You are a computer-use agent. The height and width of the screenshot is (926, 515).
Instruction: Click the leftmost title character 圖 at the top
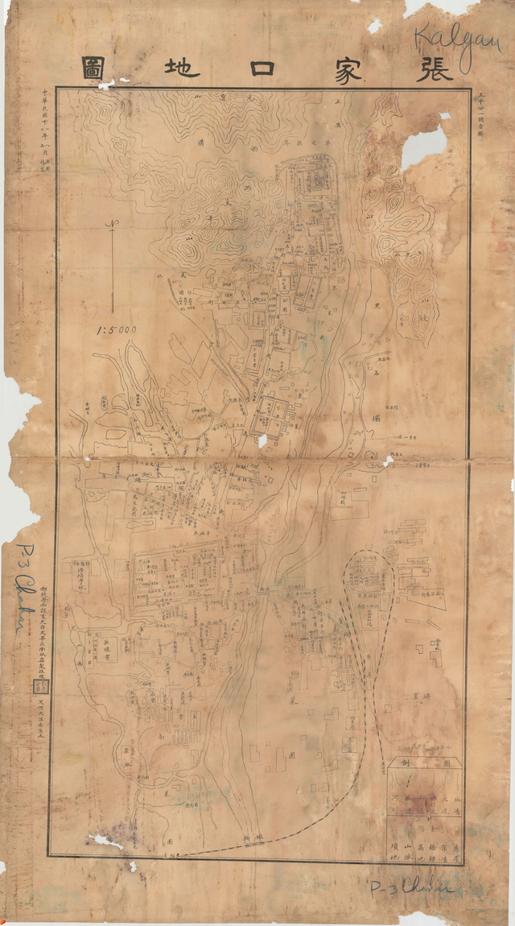click(x=95, y=69)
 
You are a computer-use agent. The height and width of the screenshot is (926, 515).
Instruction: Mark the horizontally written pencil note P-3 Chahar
click(x=411, y=888)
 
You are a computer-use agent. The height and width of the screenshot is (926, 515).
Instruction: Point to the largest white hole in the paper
click(x=424, y=147)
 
